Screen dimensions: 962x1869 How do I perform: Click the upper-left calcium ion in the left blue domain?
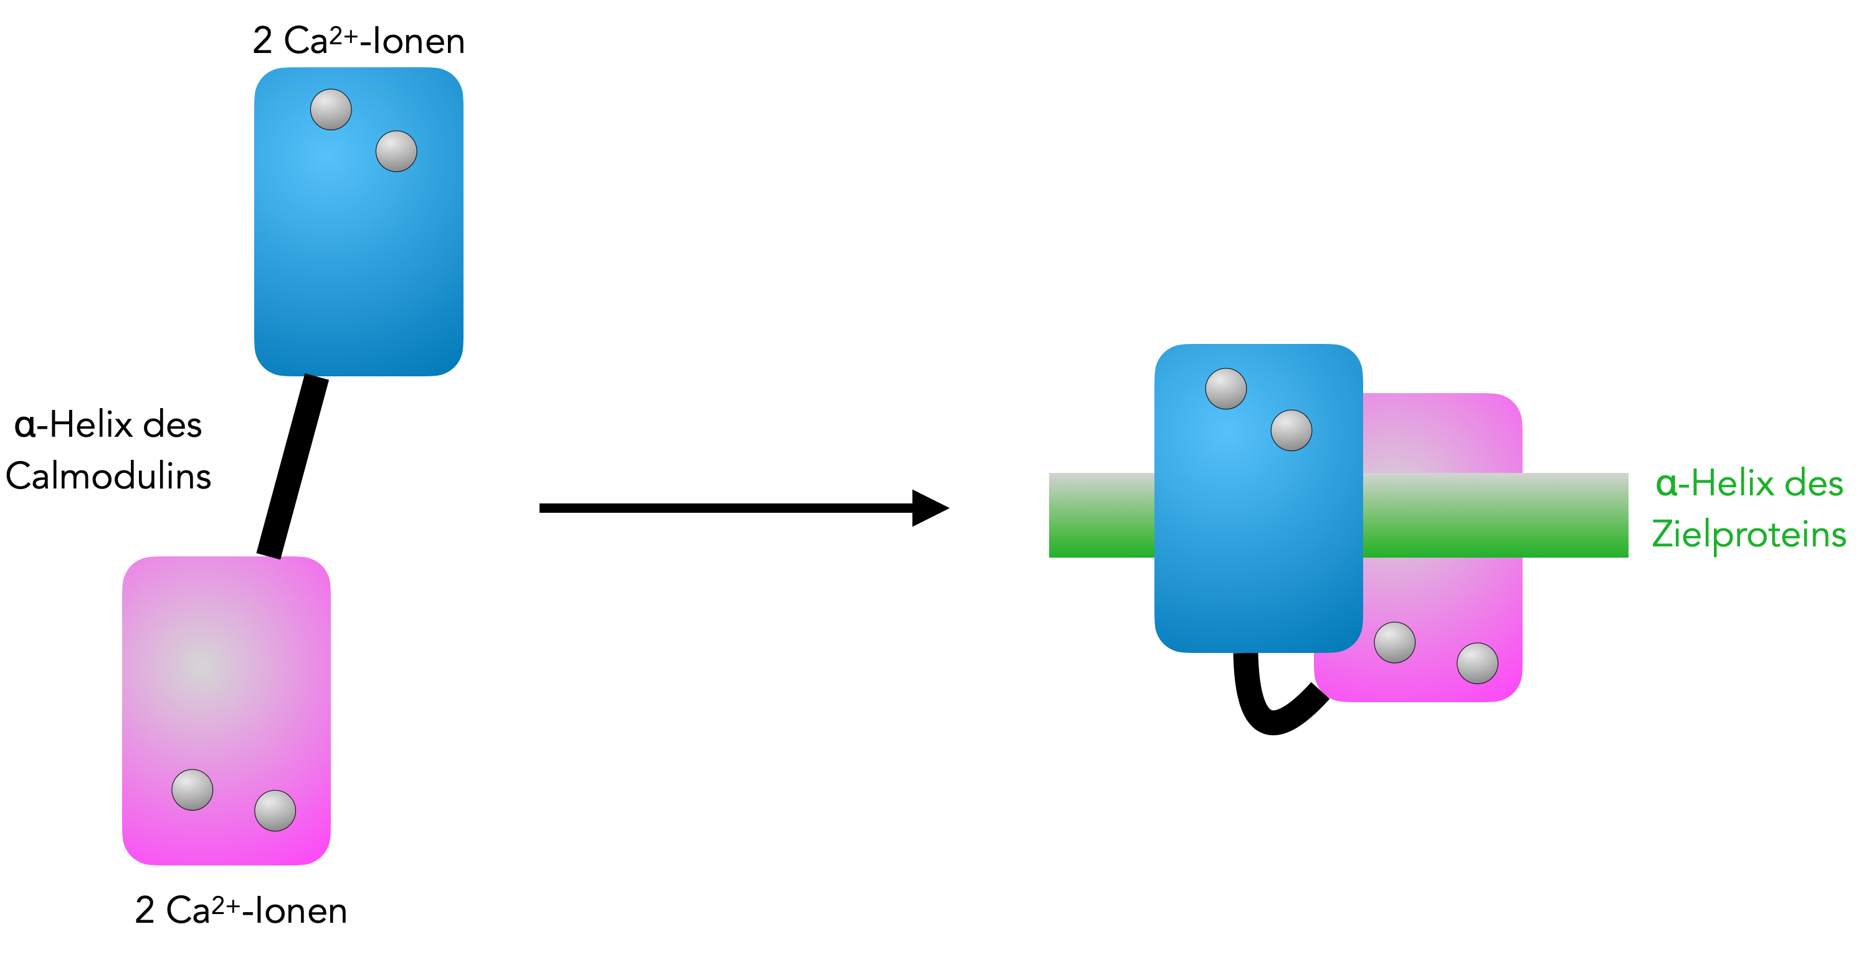331,110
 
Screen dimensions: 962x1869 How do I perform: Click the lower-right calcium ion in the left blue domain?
396,151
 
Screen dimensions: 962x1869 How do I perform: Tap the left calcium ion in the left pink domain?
193,789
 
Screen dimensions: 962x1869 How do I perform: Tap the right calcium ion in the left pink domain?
275,811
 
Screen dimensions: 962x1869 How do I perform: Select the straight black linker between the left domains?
292,467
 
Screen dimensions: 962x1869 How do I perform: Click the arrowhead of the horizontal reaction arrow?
929,508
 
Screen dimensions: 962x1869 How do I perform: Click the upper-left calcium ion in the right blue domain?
1226,389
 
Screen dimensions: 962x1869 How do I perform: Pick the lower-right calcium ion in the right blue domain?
1291,430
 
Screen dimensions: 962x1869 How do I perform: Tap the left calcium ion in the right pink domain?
1394,642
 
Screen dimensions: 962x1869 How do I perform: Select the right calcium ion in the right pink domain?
1477,663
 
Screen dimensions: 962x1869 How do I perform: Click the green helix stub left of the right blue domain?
1101,515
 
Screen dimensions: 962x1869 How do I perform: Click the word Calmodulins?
109,477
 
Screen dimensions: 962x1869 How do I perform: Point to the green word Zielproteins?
1749,535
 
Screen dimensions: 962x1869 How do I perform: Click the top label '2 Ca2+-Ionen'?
358,40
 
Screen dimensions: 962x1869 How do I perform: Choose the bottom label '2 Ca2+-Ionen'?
241,910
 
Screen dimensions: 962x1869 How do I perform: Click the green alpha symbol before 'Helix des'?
1667,484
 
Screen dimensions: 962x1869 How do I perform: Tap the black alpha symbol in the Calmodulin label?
25,425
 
